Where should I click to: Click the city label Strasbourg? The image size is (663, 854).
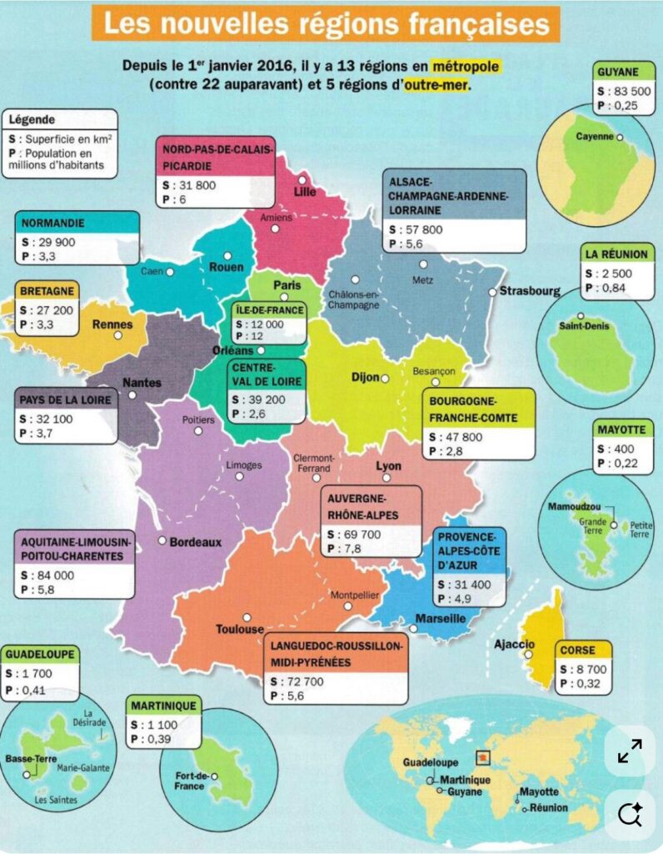click(529, 292)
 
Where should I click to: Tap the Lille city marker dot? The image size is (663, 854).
click(302, 180)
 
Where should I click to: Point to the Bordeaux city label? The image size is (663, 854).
click(196, 542)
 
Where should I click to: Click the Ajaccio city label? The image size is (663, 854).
click(514, 644)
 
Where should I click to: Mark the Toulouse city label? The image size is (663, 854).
click(240, 629)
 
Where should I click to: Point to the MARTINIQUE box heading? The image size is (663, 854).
click(164, 706)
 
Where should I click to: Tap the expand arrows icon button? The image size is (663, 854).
click(630, 751)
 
